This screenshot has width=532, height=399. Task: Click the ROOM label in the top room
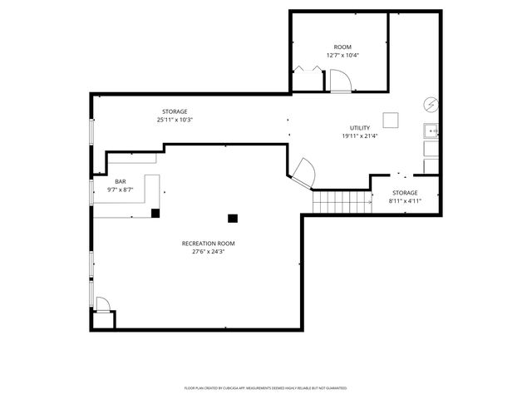coord(342,47)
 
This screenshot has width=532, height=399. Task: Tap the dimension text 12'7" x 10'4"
coord(342,56)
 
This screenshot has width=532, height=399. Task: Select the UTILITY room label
coord(359,128)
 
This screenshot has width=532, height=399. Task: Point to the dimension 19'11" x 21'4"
coord(359,136)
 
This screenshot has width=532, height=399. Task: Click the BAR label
coord(121,181)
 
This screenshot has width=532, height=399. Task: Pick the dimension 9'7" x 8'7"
coord(121,190)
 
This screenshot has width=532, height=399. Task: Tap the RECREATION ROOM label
coord(209,244)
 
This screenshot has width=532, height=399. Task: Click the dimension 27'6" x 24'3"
coord(209,252)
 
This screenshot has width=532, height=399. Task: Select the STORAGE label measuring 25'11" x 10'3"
coord(175,111)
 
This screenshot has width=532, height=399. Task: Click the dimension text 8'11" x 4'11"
coord(406,200)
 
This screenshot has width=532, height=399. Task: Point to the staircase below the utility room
coord(342,201)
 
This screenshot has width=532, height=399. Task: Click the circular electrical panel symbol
coord(431,104)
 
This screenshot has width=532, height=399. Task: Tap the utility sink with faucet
coord(431,131)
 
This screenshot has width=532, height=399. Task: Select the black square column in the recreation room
coord(233,218)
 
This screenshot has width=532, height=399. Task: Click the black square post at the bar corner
coord(155,213)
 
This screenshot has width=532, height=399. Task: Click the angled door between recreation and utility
coord(304,171)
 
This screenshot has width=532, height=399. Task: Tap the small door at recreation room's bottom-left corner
coord(102,304)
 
